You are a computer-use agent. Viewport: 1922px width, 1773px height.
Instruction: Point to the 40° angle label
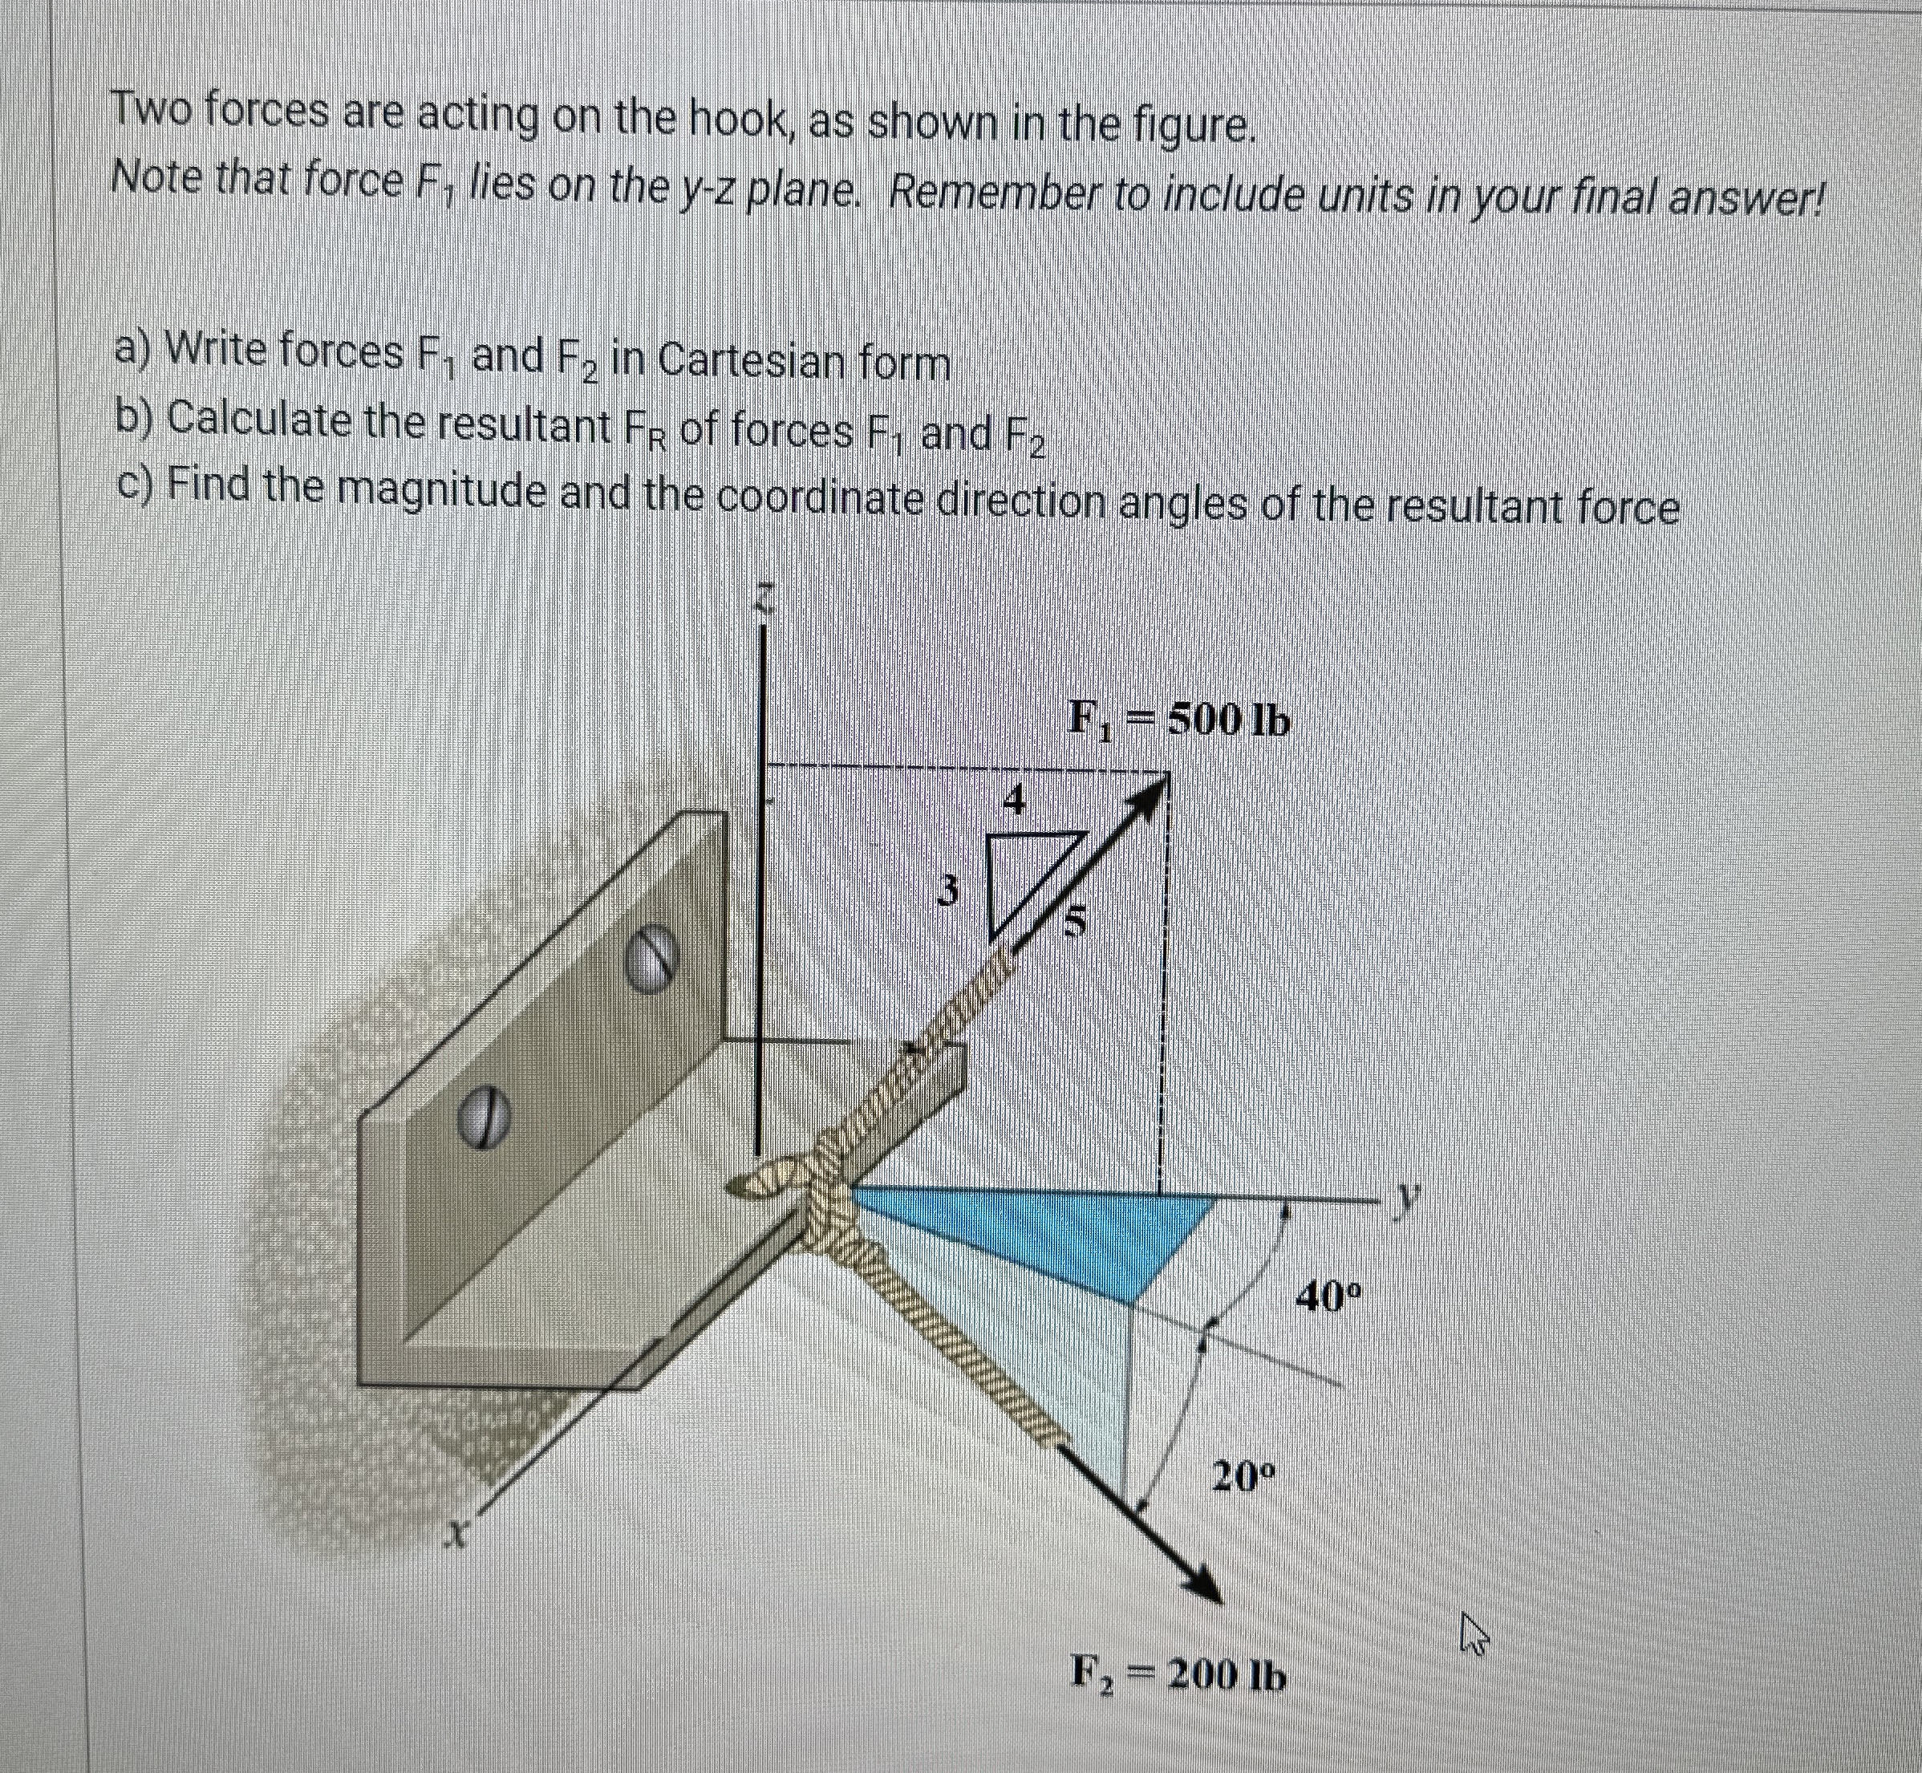click(1328, 1298)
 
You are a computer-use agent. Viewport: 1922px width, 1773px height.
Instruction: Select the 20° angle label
click(1242, 1475)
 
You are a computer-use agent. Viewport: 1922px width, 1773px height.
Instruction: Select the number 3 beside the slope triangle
click(947, 892)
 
